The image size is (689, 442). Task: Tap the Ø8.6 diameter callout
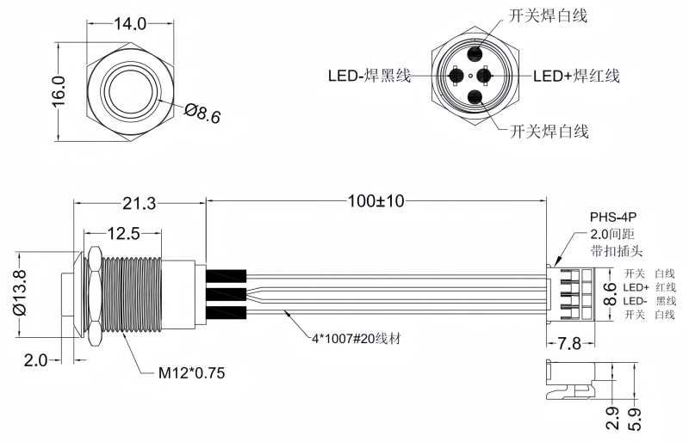tap(203, 113)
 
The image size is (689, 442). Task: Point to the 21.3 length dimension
tap(139, 204)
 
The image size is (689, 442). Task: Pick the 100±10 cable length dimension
tap(376, 201)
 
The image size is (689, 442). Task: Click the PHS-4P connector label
tap(612, 218)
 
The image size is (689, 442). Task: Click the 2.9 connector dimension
tap(612, 416)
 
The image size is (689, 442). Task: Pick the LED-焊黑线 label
tap(368, 76)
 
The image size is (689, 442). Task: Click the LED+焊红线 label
tap(576, 77)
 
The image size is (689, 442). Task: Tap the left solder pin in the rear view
tap(456, 77)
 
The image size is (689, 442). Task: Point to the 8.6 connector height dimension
tap(608, 295)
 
